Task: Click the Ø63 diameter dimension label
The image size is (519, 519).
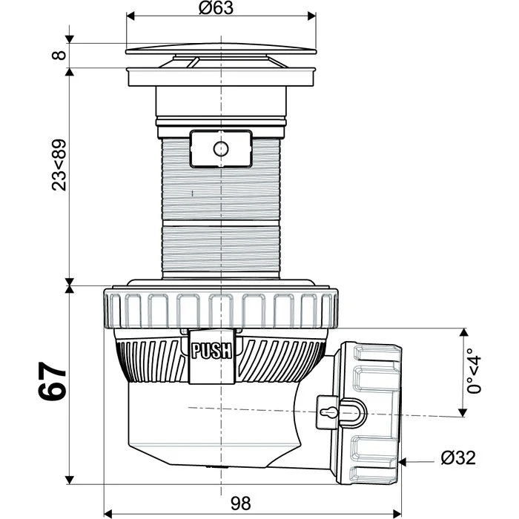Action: click(x=216, y=8)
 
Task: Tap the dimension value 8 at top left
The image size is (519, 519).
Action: click(x=59, y=56)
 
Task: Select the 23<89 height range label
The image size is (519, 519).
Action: click(x=59, y=165)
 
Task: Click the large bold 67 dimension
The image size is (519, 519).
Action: click(x=53, y=381)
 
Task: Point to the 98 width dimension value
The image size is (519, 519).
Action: click(x=241, y=503)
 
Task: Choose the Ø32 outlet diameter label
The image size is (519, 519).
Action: click(x=458, y=457)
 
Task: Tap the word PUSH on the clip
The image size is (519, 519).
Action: click(x=212, y=351)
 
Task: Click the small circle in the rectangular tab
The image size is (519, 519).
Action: click(x=221, y=148)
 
